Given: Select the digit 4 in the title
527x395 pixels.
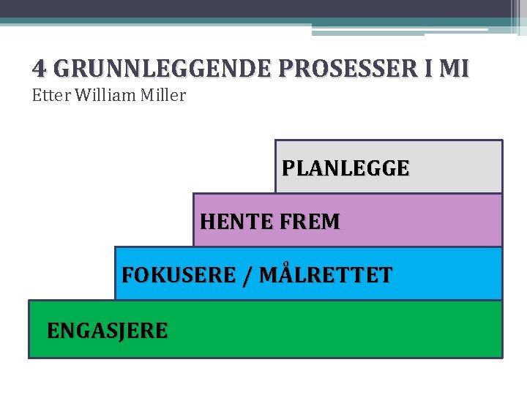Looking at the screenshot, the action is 39,69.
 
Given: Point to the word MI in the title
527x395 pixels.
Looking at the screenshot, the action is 455,69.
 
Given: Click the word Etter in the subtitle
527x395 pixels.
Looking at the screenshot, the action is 49,95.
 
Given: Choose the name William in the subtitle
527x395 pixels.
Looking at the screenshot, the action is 102,95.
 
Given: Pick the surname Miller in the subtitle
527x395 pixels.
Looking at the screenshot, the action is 164,95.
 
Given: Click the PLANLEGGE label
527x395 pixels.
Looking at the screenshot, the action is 345,169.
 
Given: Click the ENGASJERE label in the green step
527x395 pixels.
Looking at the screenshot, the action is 107,331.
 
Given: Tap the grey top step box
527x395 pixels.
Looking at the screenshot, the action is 454,167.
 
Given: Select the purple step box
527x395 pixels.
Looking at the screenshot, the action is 425,220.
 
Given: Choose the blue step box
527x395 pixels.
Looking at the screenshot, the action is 446,274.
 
